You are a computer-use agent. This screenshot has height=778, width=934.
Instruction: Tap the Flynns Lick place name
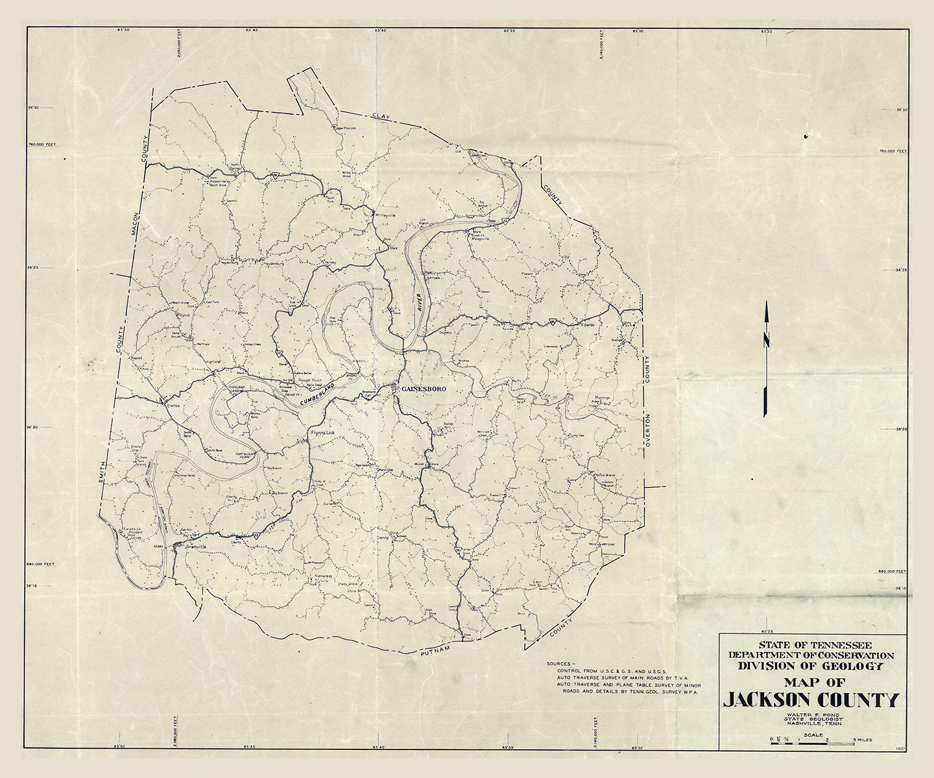click(x=322, y=432)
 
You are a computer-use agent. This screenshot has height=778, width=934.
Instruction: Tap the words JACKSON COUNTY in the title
click(x=811, y=700)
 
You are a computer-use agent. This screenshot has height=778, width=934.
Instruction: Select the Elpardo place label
click(x=588, y=324)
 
